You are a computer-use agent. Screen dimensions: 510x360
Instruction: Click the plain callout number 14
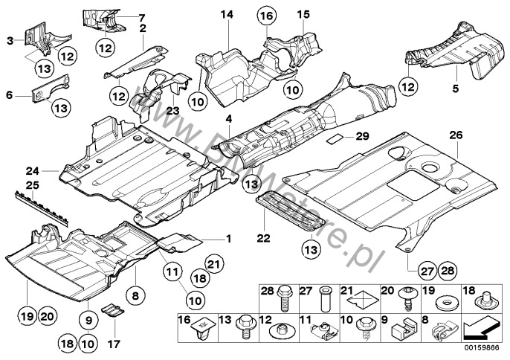(227, 15)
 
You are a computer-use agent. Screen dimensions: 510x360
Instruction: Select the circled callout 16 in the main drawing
(267, 16)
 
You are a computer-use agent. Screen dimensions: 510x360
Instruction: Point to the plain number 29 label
(362, 136)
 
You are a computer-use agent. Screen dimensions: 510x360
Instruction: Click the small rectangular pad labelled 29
(335, 138)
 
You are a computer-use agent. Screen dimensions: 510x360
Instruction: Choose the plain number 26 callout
(456, 135)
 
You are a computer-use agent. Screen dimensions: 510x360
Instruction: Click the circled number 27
(427, 271)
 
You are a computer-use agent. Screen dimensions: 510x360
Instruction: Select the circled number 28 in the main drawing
(448, 271)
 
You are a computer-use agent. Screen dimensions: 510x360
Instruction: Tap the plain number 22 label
(263, 238)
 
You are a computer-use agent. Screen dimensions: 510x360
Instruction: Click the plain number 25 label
(33, 185)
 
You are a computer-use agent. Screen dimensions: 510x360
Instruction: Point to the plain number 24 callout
(33, 170)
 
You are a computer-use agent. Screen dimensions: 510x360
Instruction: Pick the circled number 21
(214, 264)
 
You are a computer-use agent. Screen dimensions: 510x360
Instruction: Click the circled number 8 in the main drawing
(135, 296)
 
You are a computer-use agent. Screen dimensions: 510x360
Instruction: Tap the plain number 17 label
(114, 344)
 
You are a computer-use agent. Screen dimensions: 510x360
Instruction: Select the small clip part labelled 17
(113, 310)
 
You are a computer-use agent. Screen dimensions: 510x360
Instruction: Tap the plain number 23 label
(172, 111)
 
